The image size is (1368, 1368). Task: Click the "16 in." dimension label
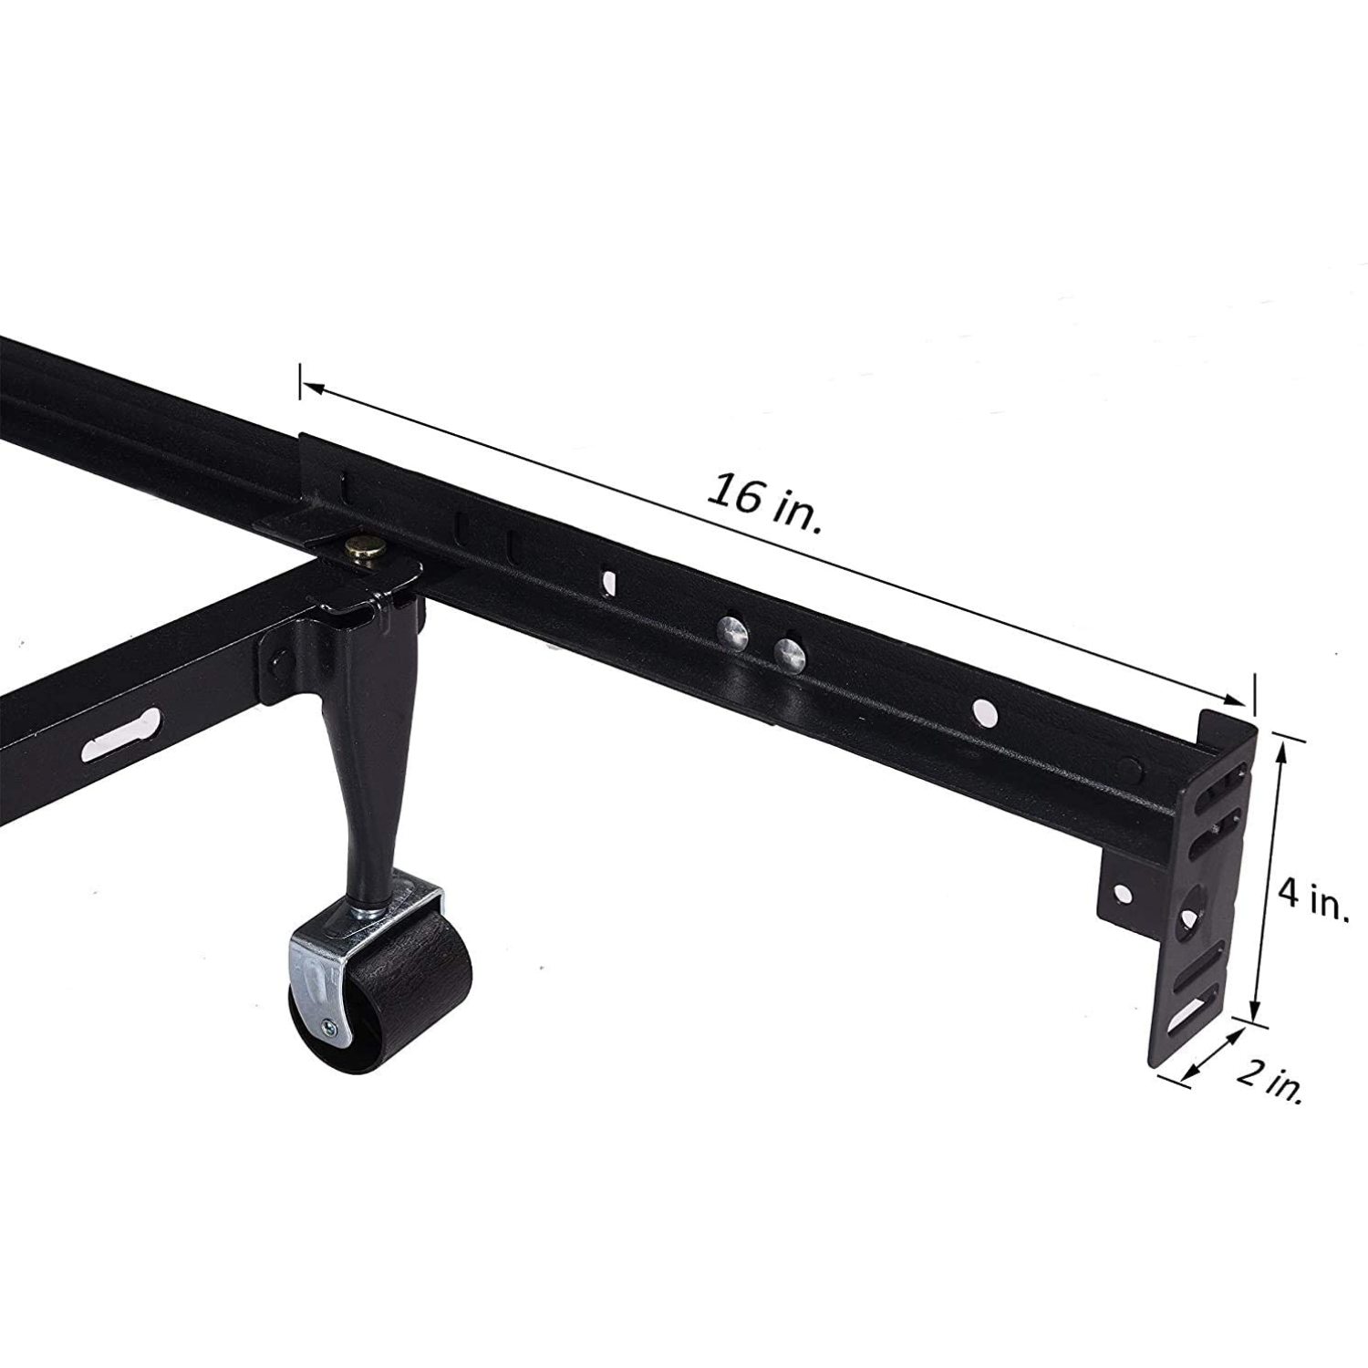tap(764, 503)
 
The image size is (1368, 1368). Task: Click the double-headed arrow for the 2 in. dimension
tap(1215, 1056)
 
